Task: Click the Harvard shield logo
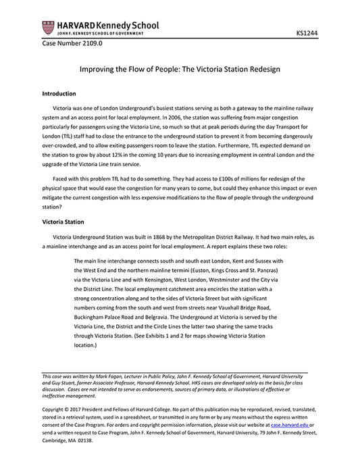(48, 28)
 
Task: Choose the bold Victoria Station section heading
(63, 222)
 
